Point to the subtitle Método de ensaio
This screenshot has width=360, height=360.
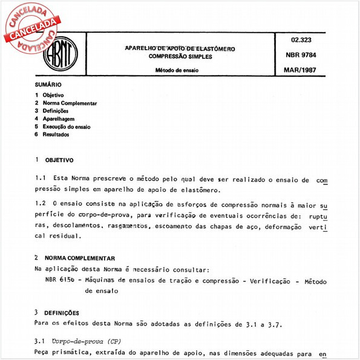point(180,70)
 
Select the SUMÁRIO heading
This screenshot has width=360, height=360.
point(48,85)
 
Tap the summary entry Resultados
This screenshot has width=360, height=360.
point(56,135)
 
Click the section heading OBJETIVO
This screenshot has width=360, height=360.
point(59,160)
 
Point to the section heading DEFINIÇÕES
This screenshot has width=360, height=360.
point(61,313)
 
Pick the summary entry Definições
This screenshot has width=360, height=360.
point(55,111)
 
